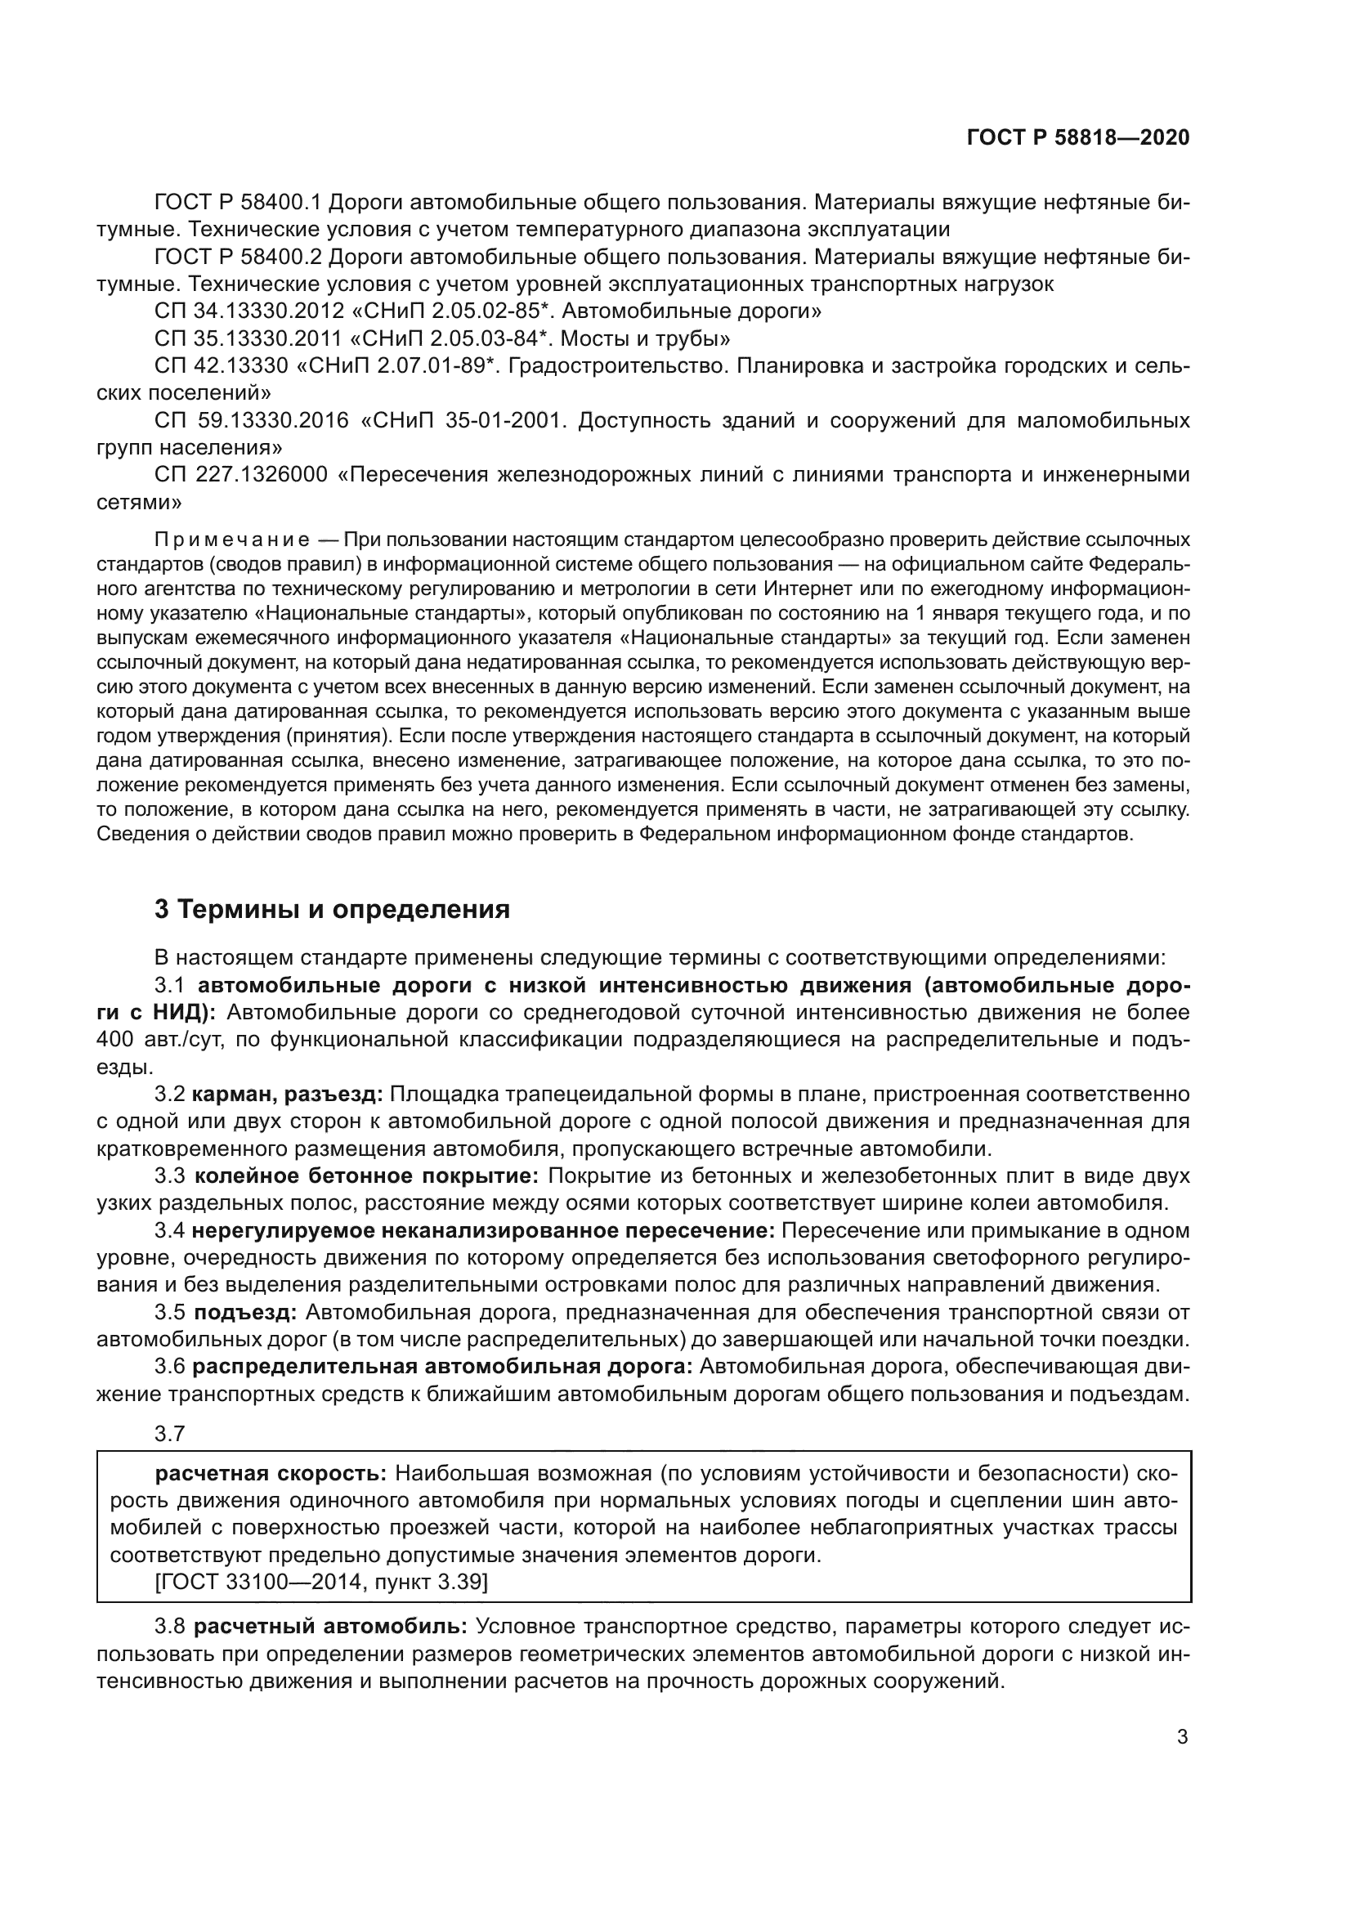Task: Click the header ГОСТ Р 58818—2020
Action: [x=1078, y=137]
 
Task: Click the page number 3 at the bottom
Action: [x=1182, y=1736]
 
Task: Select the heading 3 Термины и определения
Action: [x=332, y=909]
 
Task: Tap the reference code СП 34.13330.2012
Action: [x=249, y=311]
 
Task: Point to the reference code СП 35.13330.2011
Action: [x=249, y=339]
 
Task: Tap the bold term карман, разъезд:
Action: [x=287, y=1094]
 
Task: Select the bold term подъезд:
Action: [x=244, y=1313]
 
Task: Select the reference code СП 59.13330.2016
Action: [x=252, y=420]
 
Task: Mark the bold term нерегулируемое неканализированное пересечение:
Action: [x=484, y=1230]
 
